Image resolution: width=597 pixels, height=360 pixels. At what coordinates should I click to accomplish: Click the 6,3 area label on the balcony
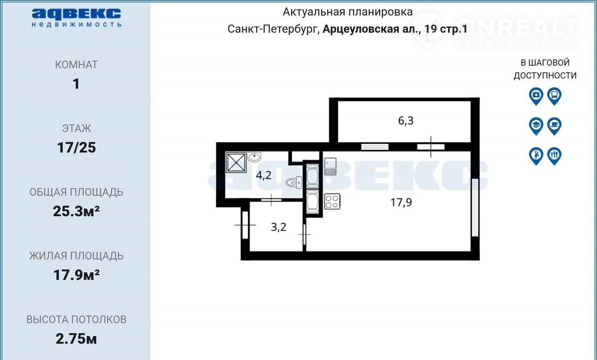point(406,121)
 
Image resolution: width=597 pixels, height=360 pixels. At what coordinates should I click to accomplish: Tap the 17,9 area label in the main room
point(401,202)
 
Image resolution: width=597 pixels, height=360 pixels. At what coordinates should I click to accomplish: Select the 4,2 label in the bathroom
point(264,175)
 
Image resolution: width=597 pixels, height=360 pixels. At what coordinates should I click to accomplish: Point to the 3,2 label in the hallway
point(278,227)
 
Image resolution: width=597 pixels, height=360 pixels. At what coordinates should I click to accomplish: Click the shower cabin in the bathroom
point(236,162)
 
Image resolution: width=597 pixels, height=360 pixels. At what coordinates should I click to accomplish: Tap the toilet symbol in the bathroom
point(294,182)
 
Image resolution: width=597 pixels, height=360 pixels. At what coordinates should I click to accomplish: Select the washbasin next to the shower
point(254,157)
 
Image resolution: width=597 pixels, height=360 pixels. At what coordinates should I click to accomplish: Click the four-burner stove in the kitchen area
point(333,201)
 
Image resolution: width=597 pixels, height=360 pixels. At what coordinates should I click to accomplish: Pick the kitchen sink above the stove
point(330,166)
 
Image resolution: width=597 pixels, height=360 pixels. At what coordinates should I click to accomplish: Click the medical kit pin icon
point(536,96)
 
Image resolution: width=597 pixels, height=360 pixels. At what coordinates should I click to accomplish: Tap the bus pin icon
point(555,96)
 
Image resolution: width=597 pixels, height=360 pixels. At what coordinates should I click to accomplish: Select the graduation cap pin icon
point(536,126)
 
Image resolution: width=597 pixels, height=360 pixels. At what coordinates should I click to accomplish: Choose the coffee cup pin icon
point(555,126)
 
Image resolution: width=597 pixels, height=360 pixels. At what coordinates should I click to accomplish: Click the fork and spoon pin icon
point(555,156)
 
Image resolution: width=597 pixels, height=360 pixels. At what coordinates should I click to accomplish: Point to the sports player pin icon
point(536,156)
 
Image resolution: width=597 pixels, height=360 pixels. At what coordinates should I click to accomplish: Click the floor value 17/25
point(76,148)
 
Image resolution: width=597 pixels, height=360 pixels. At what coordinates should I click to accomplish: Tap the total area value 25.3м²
point(76,211)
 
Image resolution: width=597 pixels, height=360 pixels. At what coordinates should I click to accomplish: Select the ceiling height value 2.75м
point(76,339)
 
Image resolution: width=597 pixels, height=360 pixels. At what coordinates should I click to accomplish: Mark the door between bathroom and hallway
point(271,200)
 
